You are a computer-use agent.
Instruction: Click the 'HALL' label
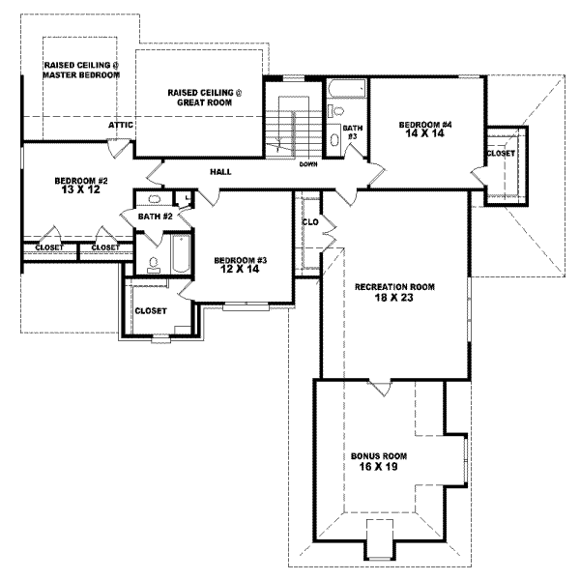tap(219, 172)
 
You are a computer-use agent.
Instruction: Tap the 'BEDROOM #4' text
tap(426, 125)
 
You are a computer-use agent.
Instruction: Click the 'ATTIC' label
tap(121, 125)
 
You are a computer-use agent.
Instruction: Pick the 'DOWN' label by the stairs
tap(308, 163)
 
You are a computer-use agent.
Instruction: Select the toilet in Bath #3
tap(335, 138)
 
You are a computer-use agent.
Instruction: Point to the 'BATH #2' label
tap(155, 217)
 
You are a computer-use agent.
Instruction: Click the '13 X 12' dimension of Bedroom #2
tap(80, 191)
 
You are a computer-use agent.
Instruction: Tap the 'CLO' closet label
tap(310, 221)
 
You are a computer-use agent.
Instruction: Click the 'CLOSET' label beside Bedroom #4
tap(501, 154)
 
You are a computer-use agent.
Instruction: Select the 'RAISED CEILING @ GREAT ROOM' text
tap(206, 96)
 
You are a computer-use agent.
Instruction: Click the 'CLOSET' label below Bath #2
tap(151, 311)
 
